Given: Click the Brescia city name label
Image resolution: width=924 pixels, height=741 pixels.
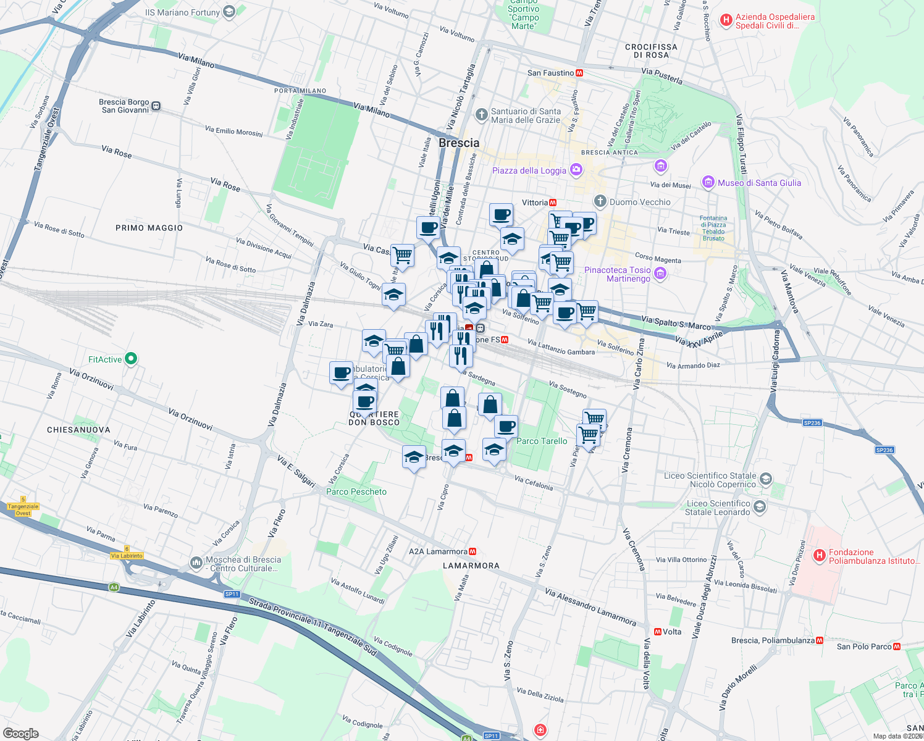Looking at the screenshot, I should coord(459,143).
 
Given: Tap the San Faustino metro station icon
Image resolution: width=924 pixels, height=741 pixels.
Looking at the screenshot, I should coord(579,73).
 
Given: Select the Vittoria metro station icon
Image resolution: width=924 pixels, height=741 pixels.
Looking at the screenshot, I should coord(553,203).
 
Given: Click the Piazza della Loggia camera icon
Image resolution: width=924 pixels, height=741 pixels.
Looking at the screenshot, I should coord(576,170).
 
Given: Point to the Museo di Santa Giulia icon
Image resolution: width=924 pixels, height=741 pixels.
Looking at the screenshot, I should coord(708,182).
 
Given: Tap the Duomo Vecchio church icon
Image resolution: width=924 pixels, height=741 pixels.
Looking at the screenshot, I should coord(600,201).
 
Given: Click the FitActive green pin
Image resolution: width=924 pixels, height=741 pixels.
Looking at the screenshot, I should coord(130,359).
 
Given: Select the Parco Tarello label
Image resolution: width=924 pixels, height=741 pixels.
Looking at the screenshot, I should coord(542,441).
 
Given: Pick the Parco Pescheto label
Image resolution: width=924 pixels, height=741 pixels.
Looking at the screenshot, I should coord(356,492).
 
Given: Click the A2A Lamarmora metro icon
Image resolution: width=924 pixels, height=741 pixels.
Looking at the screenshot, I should coord(472,551).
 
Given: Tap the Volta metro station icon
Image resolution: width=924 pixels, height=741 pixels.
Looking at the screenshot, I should coord(658,632).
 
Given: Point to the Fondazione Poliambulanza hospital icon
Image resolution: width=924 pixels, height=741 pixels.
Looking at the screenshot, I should coord(820,556).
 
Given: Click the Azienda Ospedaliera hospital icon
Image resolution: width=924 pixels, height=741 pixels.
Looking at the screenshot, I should coord(726,21).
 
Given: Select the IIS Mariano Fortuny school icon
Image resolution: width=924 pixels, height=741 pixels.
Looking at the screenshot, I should coord(229,12).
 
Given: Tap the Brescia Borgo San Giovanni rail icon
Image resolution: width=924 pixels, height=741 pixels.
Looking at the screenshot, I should coord(156,106).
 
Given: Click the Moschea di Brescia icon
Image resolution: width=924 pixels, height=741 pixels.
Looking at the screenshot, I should coord(196,563).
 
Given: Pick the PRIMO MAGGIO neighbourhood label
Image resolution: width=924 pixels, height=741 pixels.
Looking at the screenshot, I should coord(149,228).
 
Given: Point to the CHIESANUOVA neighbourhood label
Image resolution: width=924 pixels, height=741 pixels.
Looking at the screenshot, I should coord(78,430).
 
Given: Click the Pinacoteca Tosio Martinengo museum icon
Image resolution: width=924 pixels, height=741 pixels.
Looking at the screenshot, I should coord(660,274).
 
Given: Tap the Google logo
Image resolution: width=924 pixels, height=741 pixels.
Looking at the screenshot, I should coord(20,734).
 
